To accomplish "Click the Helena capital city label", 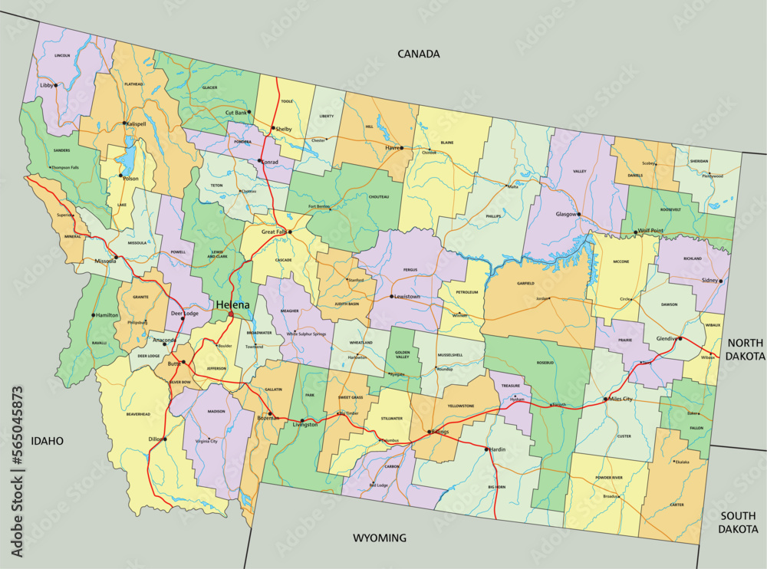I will point(232,304).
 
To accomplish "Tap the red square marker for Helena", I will point(231,314).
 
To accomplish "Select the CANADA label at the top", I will point(418,54).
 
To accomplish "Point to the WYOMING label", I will point(379,538).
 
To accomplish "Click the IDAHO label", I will point(47,441).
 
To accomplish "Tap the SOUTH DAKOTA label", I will point(739,522).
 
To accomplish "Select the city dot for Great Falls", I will point(290,231).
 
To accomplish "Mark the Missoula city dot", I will point(116,257).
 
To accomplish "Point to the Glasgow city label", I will point(566,215).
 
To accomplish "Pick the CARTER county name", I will point(676,505).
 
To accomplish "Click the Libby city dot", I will point(56,85).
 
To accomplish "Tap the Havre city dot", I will point(401,147).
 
